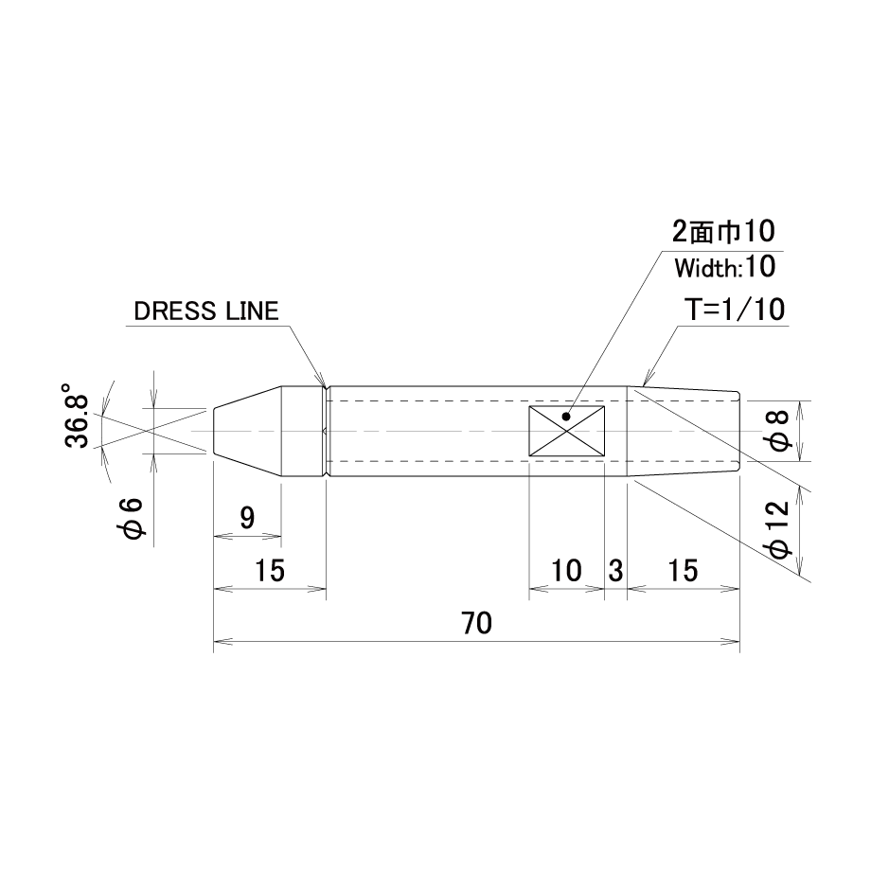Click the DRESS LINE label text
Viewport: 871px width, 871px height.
pos(206,311)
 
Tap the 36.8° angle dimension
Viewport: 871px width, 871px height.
pos(77,415)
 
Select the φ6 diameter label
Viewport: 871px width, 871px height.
pos(133,518)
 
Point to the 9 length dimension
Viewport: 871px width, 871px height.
pos(247,518)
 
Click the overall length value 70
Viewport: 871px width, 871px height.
pos(476,623)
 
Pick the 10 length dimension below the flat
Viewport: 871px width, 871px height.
pos(566,571)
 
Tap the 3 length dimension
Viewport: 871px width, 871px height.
pos(615,571)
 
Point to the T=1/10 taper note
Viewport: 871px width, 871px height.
pos(736,309)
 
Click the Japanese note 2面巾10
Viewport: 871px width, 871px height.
pos(723,231)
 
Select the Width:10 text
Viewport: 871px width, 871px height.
pos(725,268)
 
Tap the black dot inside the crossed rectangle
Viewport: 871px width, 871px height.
pos(566,416)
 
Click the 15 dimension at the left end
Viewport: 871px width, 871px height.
pos(270,571)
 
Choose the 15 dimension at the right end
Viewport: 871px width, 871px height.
pos(683,571)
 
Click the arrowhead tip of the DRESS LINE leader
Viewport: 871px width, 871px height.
pos(325,385)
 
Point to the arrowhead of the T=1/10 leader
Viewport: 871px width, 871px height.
pos(642,385)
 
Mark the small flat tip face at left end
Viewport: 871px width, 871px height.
pos(214,431)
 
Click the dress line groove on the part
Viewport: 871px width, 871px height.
pos(326,431)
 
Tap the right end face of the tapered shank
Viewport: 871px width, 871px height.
pos(739,431)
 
